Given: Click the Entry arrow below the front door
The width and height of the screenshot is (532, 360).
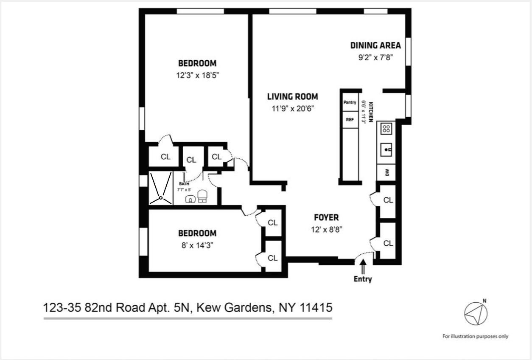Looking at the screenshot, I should coord(363,267).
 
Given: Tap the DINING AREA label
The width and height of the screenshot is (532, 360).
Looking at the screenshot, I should coord(375,45).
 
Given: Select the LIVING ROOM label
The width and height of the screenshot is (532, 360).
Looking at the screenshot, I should coord(292,97).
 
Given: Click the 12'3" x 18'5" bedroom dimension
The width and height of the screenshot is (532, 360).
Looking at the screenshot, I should coord(197,76).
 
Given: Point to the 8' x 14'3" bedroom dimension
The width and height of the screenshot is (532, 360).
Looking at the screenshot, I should coord(197,245).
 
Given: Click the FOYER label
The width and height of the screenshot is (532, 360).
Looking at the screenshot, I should coord(326,218).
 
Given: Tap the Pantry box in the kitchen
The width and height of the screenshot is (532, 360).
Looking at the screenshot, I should coord(350,102).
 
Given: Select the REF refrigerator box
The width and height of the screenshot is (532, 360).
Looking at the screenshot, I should coord(350,120).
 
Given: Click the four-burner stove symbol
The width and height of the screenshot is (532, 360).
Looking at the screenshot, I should coord(386,128).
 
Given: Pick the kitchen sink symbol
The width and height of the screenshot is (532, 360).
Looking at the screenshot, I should coord(386,149).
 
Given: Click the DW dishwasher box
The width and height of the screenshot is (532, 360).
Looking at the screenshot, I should coord(386,172).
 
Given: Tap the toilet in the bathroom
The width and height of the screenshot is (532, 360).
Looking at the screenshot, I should coord(202,196).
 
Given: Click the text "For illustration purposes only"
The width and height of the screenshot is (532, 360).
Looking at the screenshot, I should coord(475,336).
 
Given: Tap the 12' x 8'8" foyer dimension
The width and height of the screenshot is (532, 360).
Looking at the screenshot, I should coord(326,230).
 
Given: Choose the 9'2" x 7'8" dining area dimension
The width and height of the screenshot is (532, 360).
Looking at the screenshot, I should coord(375,57).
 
